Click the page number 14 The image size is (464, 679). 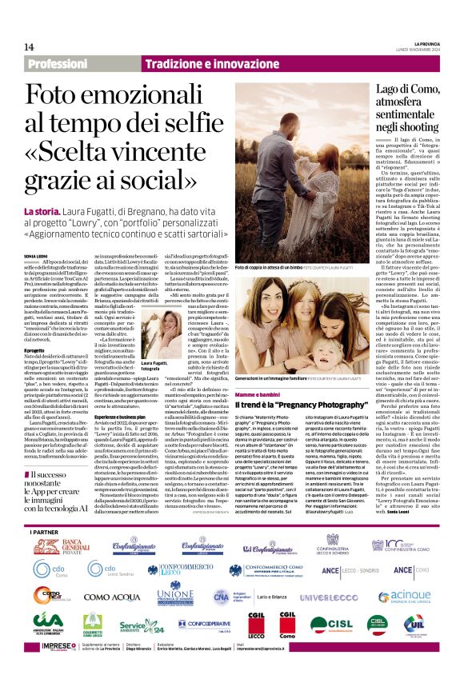click(x=30, y=46)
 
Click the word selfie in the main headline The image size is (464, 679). click(x=193, y=123)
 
